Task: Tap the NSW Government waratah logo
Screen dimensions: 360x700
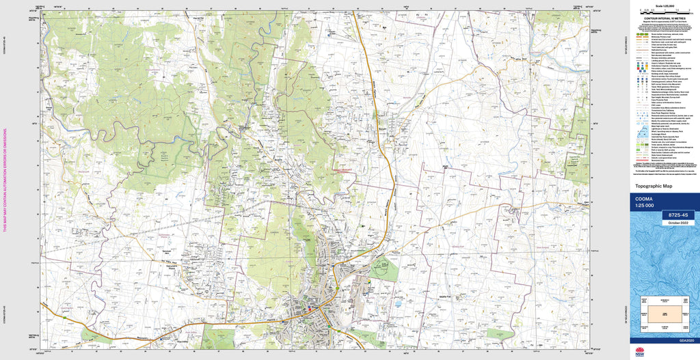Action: (641, 352)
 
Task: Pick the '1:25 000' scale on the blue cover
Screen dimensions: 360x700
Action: (645, 206)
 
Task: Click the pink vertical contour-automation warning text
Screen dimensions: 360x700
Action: (5, 180)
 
